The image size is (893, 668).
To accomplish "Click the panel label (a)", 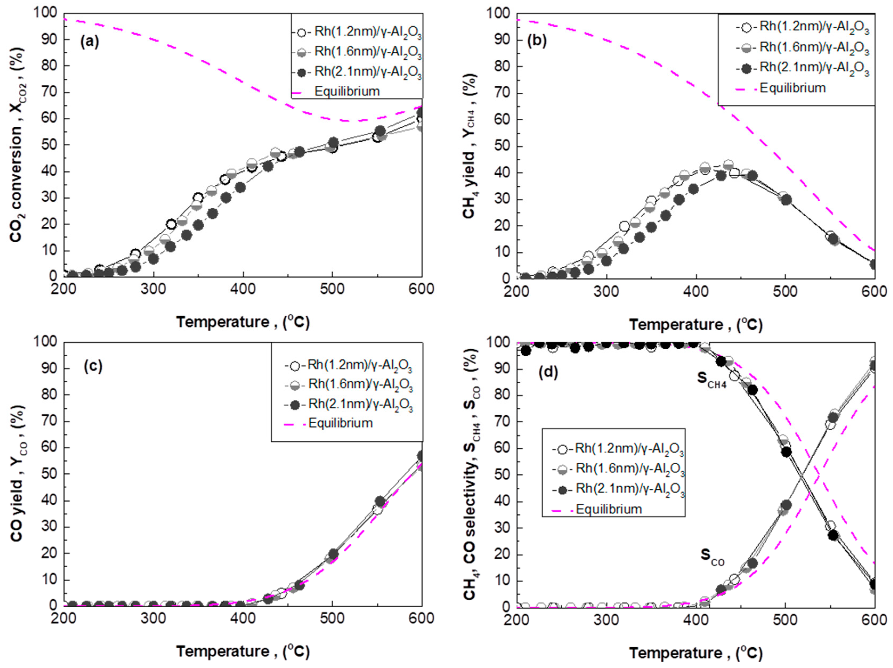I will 89,42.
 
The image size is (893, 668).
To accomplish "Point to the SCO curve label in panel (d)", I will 712,558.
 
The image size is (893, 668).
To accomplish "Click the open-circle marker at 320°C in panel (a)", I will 171,224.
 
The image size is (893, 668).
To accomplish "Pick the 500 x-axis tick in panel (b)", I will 785,291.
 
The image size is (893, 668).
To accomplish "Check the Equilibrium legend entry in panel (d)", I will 608,509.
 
